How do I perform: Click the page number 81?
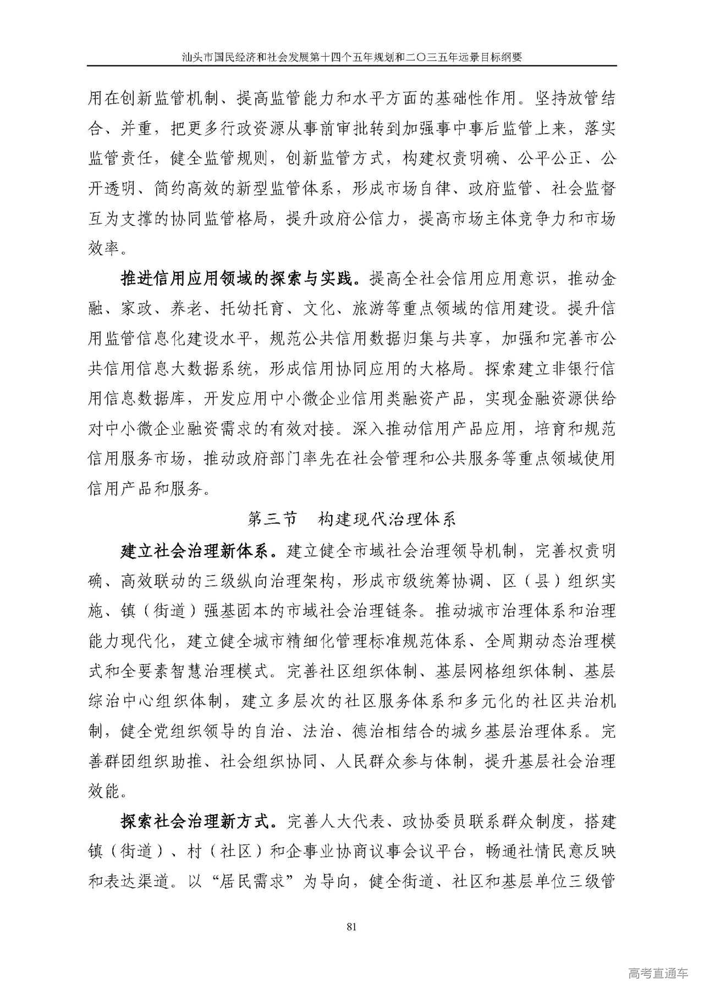(353, 926)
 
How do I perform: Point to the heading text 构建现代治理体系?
(387, 519)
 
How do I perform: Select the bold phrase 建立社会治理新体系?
(195, 549)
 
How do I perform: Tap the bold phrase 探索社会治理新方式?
(195, 821)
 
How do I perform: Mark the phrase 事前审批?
(319, 129)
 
